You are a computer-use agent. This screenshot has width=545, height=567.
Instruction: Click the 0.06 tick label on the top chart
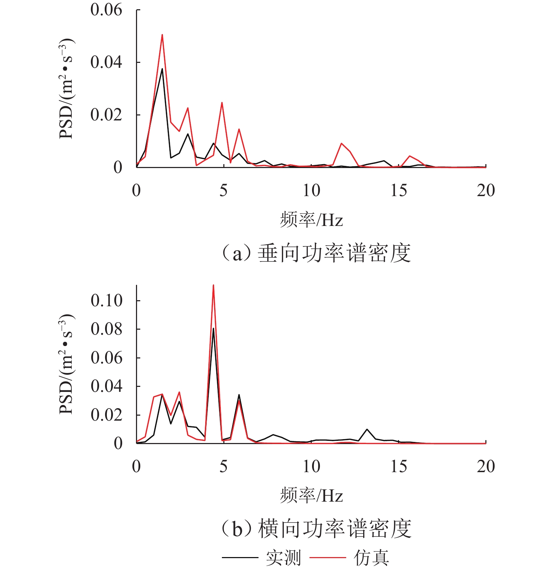click(x=106, y=10)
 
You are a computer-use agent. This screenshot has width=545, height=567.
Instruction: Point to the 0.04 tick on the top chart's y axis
click(x=106, y=62)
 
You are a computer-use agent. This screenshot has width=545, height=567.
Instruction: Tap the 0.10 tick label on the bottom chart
click(x=106, y=301)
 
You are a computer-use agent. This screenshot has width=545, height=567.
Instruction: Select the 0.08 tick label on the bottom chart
click(x=106, y=329)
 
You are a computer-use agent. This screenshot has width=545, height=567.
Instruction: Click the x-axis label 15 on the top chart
click(x=398, y=191)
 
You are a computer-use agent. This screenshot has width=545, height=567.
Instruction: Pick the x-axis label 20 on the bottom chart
click(x=485, y=466)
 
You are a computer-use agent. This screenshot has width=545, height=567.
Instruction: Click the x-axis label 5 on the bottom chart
click(x=223, y=466)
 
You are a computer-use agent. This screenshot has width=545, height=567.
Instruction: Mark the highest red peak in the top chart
click(x=162, y=35)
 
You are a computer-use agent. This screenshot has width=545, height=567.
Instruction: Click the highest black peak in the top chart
click(x=162, y=69)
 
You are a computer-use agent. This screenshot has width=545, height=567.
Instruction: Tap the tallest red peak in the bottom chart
click(x=213, y=285)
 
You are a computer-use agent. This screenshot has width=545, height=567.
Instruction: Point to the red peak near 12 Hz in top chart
click(x=341, y=143)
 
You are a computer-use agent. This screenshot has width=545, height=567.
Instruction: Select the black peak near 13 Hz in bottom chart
click(x=367, y=429)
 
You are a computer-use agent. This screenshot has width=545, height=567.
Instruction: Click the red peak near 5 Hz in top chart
click(x=222, y=103)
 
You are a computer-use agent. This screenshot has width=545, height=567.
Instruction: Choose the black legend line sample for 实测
click(x=240, y=557)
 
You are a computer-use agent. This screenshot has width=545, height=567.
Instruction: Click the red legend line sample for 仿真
click(x=327, y=557)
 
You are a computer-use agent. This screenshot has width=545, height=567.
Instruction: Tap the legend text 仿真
click(x=371, y=557)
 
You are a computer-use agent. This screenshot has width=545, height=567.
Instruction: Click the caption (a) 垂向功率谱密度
click(x=316, y=253)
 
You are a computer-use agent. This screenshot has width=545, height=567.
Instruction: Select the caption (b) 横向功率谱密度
click(x=316, y=529)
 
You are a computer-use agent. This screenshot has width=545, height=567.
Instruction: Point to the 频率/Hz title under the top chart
click(x=311, y=220)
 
